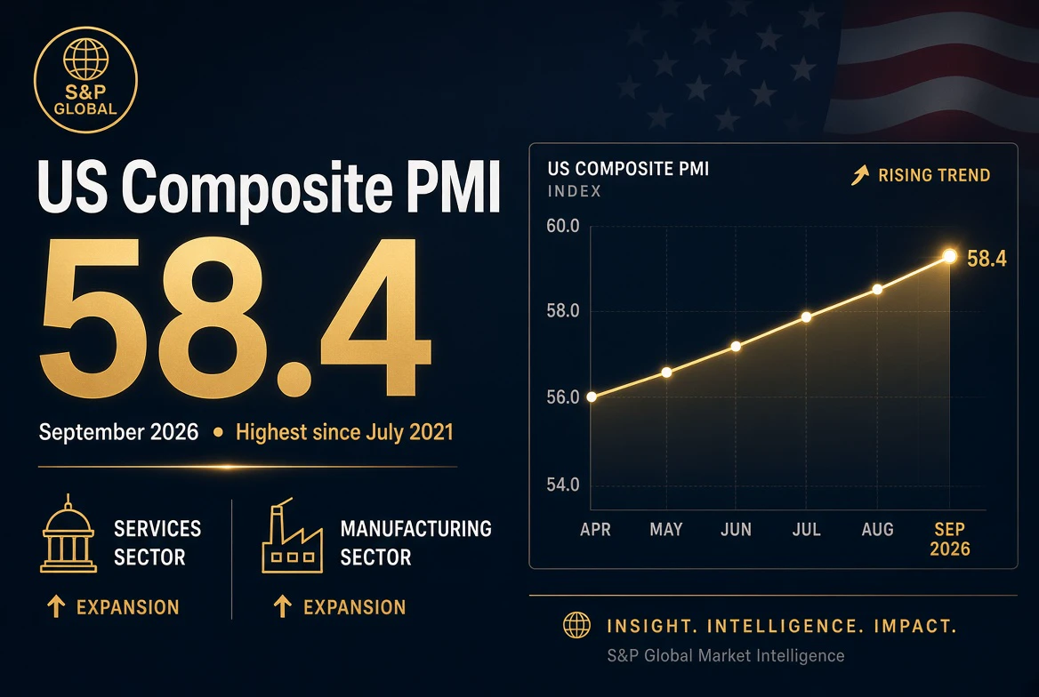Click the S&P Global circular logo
pos(85,79)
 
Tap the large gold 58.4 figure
pos(235,318)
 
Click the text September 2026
pos(118,432)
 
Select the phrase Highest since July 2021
pos(344,432)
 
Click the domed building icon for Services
pos(68,533)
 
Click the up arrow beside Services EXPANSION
pos(56,606)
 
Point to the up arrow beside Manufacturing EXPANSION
pos(283,606)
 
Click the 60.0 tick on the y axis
pos(563,226)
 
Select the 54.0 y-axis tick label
pos(563,485)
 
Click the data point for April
pos(592,397)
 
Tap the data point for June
pos(736,347)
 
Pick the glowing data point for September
pos(949,256)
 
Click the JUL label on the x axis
pos(807,529)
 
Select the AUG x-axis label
pos(877,529)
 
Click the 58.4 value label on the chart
pos(987,259)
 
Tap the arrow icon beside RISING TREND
pos(860,175)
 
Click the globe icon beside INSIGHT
pos(576,625)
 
